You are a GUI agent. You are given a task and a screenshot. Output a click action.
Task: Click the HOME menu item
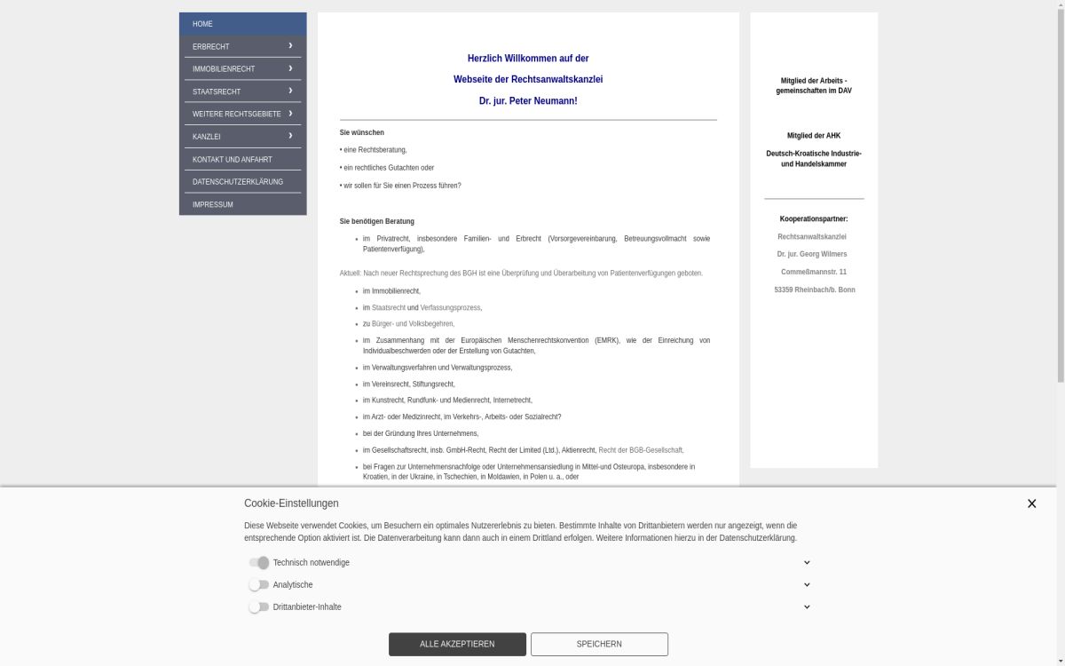click(203, 24)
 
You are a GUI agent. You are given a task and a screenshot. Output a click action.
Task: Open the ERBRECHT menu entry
click(211, 46)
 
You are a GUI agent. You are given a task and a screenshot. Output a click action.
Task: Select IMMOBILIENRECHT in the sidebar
click(224, 69)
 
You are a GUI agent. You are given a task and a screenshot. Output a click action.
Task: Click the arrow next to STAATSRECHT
click(290, 91)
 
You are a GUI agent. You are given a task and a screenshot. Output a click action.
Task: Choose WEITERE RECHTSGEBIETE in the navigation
click(236, 115)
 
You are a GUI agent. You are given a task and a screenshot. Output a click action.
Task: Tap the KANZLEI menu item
click(207, 137)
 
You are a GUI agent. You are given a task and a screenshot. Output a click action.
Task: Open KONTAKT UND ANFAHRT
click(233, 160)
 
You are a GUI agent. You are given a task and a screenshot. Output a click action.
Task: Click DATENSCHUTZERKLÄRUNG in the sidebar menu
click(238, 182)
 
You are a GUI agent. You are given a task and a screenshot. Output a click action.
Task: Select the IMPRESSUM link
click(213, 205)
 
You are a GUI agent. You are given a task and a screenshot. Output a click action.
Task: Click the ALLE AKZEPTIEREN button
click(457, 644)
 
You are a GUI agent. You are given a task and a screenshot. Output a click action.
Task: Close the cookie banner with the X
click(1031, 503)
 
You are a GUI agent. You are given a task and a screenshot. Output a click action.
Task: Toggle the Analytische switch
click(258, 585)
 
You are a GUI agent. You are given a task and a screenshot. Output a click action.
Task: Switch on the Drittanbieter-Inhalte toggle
click(258, 607)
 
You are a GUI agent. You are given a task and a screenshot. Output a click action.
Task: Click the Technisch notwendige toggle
click(259, 563)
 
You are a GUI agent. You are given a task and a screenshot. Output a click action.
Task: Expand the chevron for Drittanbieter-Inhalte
click(807, 607)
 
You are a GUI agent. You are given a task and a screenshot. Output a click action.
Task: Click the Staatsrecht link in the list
click(389, 308)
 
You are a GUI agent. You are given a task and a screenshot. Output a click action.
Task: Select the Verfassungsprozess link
click(451, 308)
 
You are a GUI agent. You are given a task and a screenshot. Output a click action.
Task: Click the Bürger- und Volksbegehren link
click(413, 324)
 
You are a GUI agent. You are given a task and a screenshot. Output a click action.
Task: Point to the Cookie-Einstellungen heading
click(291, 503)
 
